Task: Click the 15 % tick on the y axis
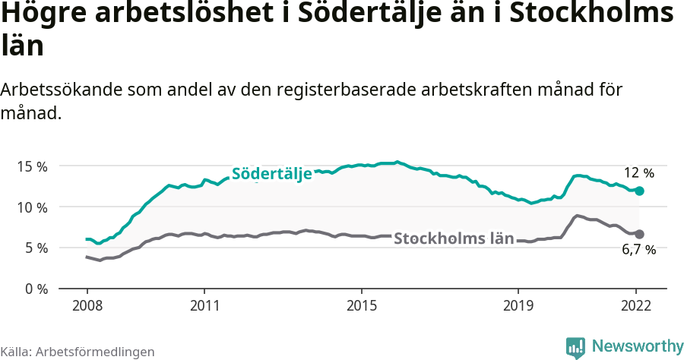(32, 166)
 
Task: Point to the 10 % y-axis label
(32, 207)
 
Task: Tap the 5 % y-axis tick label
(35, 248)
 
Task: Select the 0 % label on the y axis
(35, 289)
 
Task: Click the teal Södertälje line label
(271, 173)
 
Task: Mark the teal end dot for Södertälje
(639, 191)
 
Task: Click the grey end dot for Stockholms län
(639, 234)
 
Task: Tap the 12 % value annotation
(638, 172)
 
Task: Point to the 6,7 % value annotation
(639, 250)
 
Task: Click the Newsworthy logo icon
(575, 347)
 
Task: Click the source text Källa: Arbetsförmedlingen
(78, 352)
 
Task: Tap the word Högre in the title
(40, 16)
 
